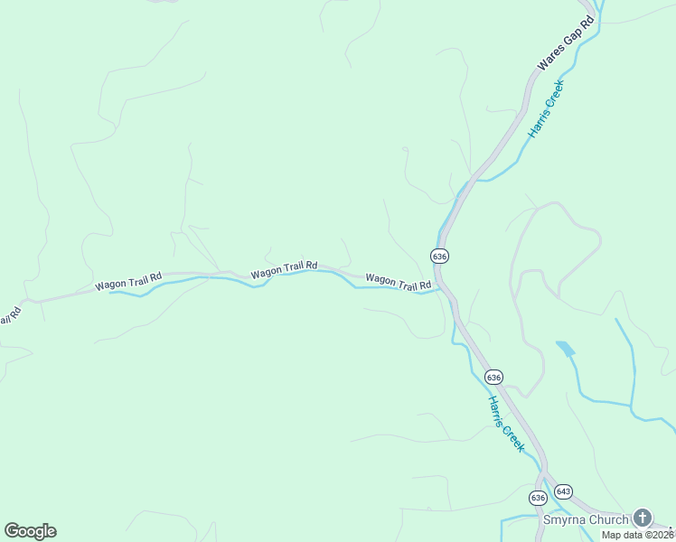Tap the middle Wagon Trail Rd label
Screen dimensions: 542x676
(x=284, y=268)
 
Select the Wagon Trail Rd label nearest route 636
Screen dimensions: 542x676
(x=398, y=282)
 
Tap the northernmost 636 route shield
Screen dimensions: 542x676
(x=439, y=257)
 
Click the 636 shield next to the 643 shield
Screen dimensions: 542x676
(x=538, y=498)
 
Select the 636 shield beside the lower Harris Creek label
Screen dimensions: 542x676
(x=493, y=376)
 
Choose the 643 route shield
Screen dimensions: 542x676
(x=563, y=491)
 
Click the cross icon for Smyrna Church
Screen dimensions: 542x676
(x=642, y=519)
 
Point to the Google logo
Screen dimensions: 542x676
(x=30, y=531)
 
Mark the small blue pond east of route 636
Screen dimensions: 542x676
(x=566, y=349)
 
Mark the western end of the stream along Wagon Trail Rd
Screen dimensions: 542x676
(x=110, y=293)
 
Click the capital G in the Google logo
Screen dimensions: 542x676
(x=12, y=530)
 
